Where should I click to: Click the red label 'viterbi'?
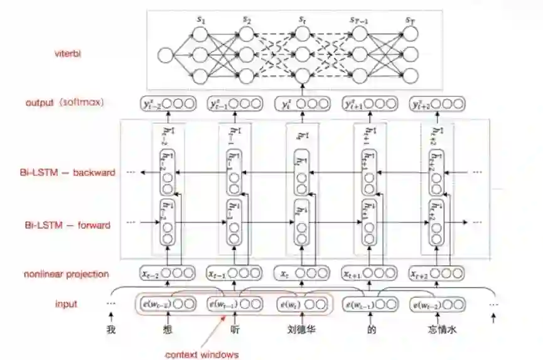click(x=68, y=53)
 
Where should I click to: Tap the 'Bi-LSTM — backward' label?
click(x=70, y=172)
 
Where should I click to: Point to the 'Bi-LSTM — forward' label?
click(x=68, y=225)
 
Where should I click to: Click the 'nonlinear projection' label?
click(x=66, y=274)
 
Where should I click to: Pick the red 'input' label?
click(x=66, y=304)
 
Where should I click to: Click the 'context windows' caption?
click(x=202, y=355)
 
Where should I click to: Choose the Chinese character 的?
click(x=372, y=328)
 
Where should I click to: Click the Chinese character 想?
click(x=166, y=328)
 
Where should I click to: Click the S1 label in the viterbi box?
click(x=202, y=20)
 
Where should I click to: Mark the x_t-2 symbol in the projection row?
click(x=150, y=274)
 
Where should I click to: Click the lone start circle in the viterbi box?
click(x=165, y=55)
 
